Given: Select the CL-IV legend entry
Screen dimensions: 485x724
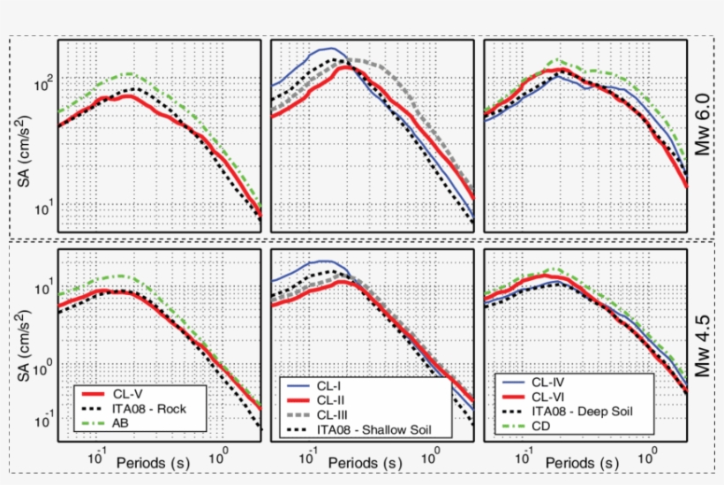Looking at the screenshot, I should (549, 383).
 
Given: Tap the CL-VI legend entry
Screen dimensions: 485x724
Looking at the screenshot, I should (549, 397).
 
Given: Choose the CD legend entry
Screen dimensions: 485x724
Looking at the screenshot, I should (543, 426).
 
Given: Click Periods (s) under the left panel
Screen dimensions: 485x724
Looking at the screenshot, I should (151, 463).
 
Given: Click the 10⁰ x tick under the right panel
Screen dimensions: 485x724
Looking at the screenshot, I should (652, 453).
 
